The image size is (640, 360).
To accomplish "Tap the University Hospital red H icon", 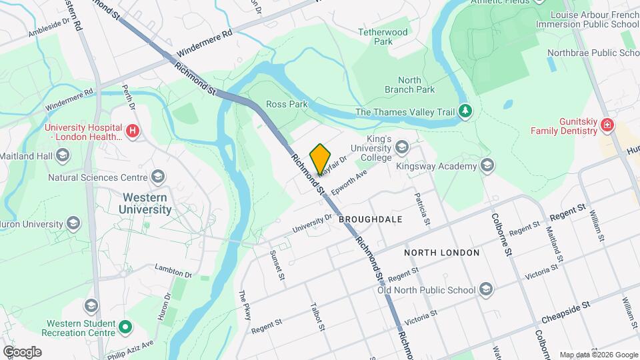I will pyautogui.click(x=133, y=131).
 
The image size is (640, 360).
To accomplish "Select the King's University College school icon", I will pyautogui.click(x=402, y=145).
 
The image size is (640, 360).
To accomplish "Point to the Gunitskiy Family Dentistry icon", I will pyautogui.click(x=607, y=125).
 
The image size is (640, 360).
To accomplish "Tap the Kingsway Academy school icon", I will pyautogui.click(x=487, y=165).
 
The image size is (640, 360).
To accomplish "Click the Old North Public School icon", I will pyautogui.click(x=487, y=289).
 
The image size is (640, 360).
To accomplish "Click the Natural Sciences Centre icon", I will pyautogui.click(x=158, y=177).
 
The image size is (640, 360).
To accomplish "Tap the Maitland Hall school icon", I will pyautogui.click(x=63, y=156).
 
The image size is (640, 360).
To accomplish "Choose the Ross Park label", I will pyautogui.click(x=287, y=104).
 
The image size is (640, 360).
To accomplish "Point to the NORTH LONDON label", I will pyautogui.click(x=441, y=253).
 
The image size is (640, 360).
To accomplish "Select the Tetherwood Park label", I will pyautogui.click(x=383, y=36).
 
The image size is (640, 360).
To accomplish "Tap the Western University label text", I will pyautogui.click(x=145, y=203).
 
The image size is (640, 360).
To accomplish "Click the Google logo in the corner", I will pyautogui.click(x=22, y=351).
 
